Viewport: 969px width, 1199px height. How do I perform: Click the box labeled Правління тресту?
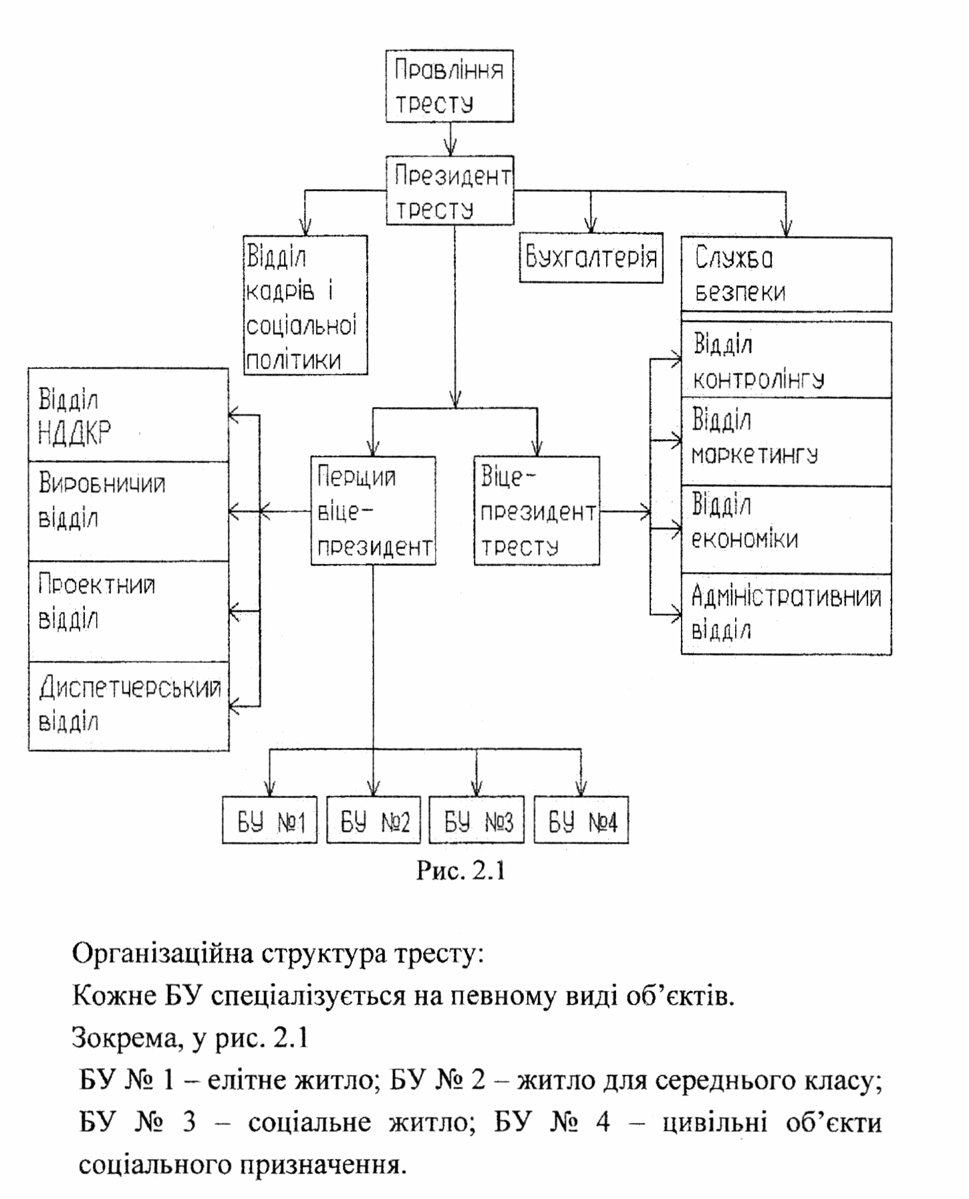(x=449, y=86)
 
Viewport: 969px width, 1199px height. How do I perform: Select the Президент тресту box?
(x=450, y=191)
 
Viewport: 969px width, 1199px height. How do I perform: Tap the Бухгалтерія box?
(x=591, y=258)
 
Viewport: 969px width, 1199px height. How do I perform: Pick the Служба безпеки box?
(x=786, y=275)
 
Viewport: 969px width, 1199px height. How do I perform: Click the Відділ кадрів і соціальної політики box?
(x=305, y=305)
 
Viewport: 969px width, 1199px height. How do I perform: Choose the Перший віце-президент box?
(x=374, y=511)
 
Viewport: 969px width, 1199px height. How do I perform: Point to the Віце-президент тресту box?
(x=537, y=511)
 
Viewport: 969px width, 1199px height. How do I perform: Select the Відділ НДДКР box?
(x=128, y=415)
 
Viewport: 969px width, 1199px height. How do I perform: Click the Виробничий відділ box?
(x=128, y=511)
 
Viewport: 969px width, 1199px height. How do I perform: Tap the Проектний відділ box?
(x=128, y=612)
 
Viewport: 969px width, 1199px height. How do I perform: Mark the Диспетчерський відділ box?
(x=128, y=706)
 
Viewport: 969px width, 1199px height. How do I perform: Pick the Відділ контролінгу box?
(x=786, y=361)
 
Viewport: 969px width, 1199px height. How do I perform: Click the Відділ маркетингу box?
(x=786, y=442)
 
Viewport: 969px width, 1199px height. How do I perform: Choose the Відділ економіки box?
(x=786, y=529)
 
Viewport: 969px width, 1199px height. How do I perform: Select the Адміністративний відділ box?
(x=786, y=614)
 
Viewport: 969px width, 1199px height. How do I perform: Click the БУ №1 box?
(x=270, y=820)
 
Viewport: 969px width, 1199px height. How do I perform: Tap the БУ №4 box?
(x=581, y=820)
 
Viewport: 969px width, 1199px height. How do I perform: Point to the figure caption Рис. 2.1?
(x=460, y=870)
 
